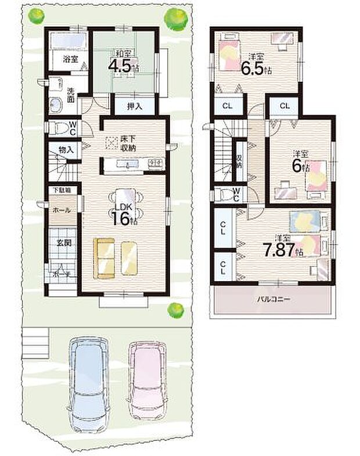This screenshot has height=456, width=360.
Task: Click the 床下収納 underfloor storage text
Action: pyautogui.click(x=128, y=143)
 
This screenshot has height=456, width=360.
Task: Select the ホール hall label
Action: pyautogui.click(x=59, y=210)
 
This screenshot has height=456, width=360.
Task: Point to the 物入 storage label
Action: pyautogui.click(x=66, y=150)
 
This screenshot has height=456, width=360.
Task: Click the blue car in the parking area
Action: pyautogui.click(x=88, y=380)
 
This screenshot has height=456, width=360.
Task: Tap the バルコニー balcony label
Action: pyautogui.click(x=274, y=300)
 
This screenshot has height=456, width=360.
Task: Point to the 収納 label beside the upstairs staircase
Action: pyautogui.click(x=239, y=160)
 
